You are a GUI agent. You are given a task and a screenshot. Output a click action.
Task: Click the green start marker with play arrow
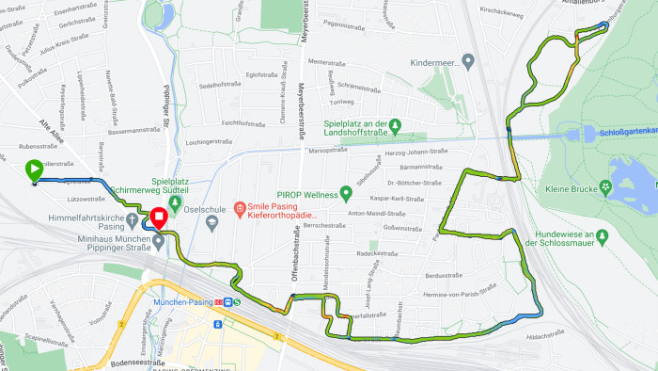(33, 169)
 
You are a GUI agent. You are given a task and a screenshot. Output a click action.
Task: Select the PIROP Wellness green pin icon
(346, 194)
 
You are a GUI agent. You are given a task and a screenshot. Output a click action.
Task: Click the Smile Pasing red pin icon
(240, 207)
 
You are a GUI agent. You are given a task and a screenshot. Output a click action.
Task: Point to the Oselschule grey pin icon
(212, 222)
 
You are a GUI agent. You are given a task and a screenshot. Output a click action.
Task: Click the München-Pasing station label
(182, 301)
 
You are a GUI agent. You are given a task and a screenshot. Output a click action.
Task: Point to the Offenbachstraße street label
(294, 255)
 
